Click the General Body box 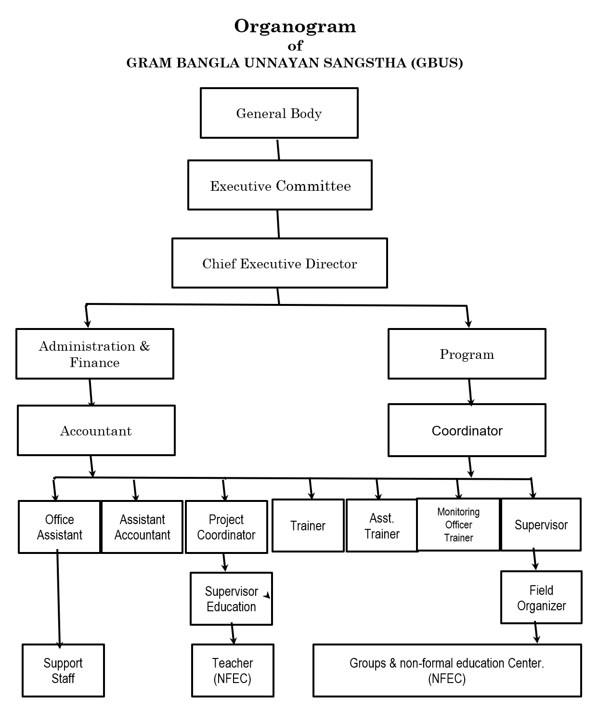(279, 113)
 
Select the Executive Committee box (280, 185)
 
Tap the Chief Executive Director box (279, 263)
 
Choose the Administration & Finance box (94, 354)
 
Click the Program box (467, 354)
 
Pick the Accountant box (96, 430)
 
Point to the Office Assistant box (60, 526)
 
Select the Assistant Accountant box (142, 526)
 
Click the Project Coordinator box (226, 526)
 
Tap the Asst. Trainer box (382, 526)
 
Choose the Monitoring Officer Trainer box (458, 525)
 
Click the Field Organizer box (541, 597)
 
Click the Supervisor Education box (231, 599)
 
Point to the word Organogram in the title (295, 26)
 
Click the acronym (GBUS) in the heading (437, 63)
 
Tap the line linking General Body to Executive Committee (278, 149)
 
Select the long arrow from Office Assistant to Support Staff (58, 599)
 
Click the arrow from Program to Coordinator (470, 393)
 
